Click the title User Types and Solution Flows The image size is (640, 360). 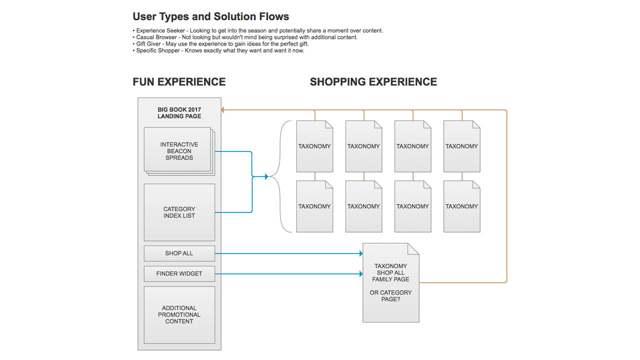coord(210,16)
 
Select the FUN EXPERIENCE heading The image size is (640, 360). coord(179,82)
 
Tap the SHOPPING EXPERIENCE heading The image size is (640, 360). coord(373,82)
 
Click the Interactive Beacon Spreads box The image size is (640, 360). coord(178,150)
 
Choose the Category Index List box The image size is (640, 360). coord(179,212)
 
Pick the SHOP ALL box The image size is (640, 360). coord(179,253)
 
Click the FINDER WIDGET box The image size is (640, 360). coord(179,274)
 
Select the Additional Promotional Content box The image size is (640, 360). coord(179,314)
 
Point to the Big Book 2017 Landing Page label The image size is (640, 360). coord(179,113)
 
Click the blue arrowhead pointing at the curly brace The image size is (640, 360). coord(266,176)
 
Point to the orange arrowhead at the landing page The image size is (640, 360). coord(223,110)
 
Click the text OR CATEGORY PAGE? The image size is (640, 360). coord(390,296)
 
